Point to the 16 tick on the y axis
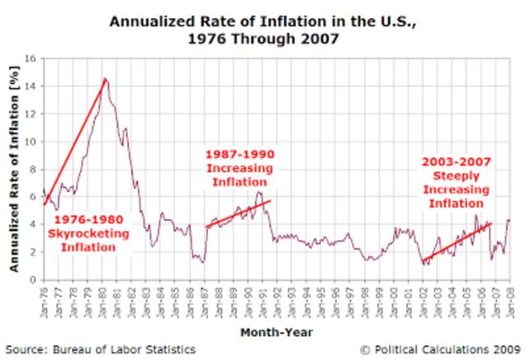[30, 59]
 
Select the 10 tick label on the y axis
[30, 141]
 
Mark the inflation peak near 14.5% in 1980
[105, 79]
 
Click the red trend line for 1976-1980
[75, 140]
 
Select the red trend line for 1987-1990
[238, 214]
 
